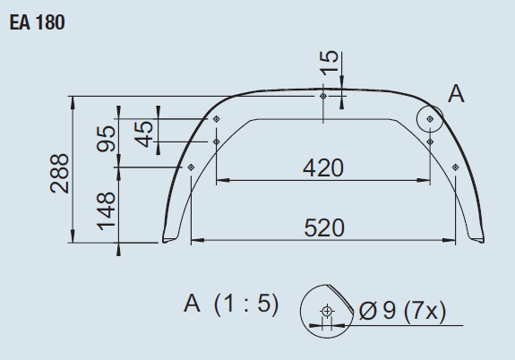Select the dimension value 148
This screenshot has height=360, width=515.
[107, 211]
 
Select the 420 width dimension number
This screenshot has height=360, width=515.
[323, 167]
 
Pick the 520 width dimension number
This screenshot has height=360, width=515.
[323, 227]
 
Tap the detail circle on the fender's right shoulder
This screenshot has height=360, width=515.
[431, 117]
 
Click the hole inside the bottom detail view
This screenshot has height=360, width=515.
[326, 312]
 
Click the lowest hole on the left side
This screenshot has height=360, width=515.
[191, 167]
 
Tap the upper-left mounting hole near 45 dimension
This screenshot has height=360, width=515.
[217, 119]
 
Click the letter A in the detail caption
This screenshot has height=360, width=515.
[191, 304]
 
